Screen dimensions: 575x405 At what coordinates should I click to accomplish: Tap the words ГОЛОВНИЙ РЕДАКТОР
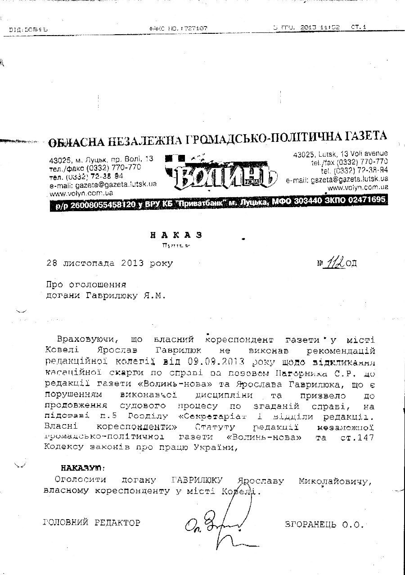[92, 523]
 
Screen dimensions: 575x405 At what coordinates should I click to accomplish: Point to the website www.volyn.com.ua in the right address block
[358, 187]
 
